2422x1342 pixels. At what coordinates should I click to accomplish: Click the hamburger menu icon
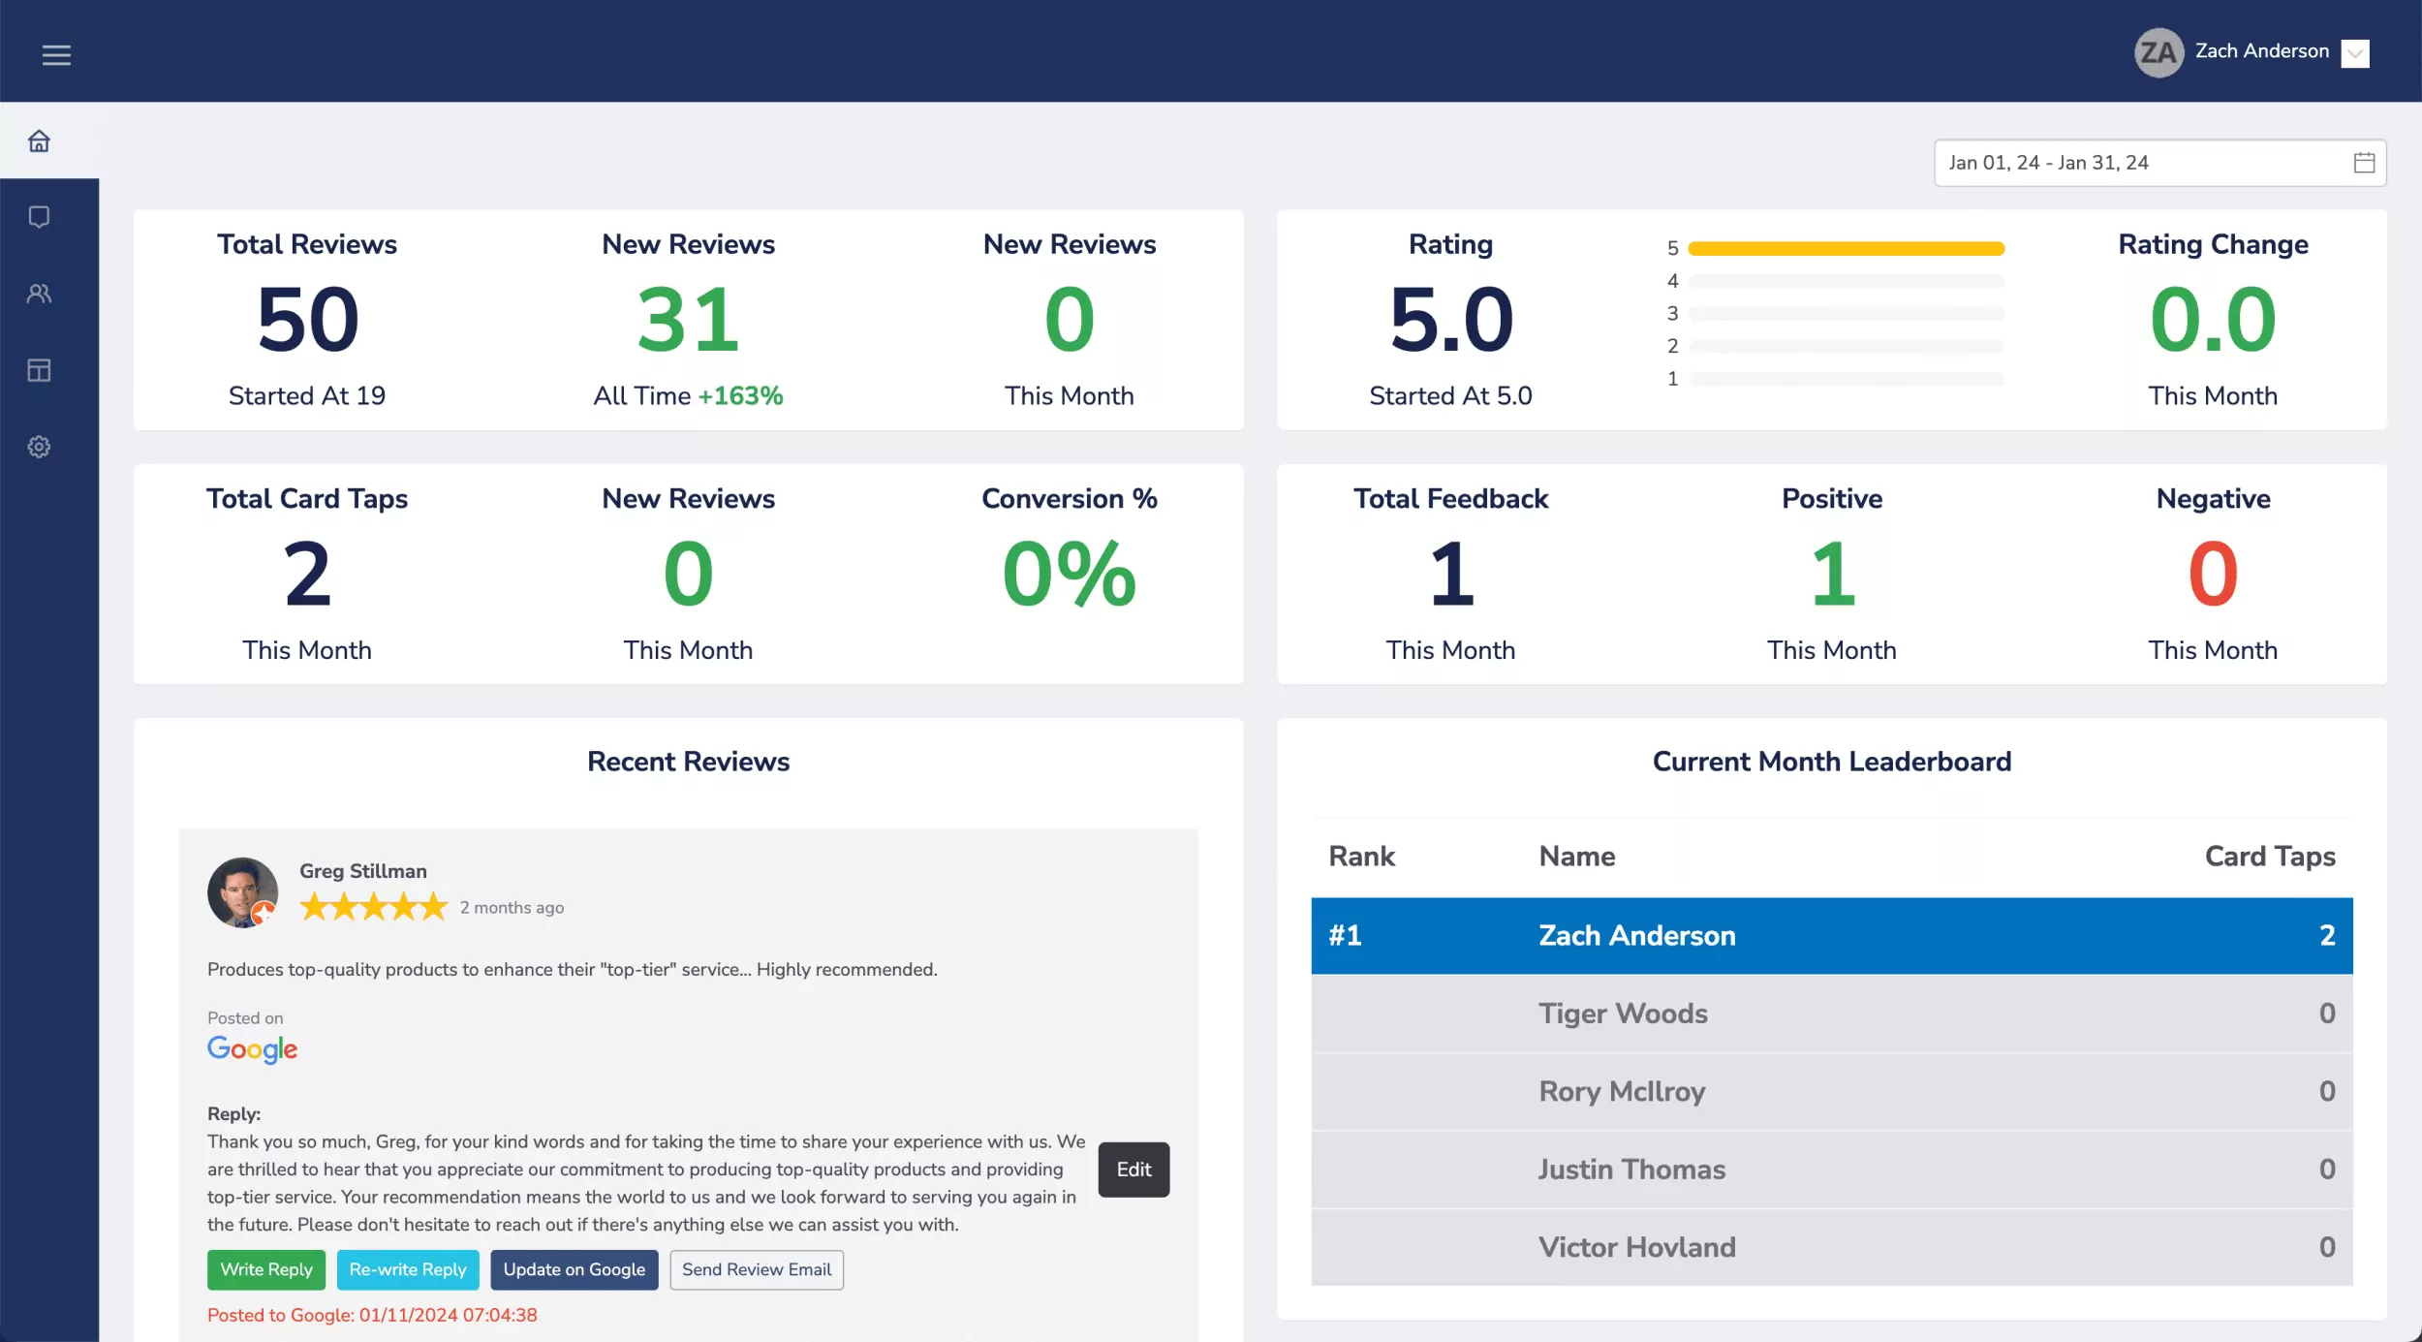[56, 55]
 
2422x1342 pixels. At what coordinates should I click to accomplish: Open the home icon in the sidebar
[39, 141]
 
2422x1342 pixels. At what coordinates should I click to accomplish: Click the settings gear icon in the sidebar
[39, 447]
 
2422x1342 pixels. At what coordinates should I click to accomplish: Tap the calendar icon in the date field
[2364, 163]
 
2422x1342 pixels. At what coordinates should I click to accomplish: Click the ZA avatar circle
[2158, 52]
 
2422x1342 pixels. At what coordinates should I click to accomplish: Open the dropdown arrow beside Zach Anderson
[2355, 53]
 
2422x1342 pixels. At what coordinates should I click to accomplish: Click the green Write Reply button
[265, 1269]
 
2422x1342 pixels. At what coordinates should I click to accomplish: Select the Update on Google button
[574, 1269]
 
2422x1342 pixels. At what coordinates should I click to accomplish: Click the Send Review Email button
[756, 1269]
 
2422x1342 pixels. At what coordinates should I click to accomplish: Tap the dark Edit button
[1133, 1170]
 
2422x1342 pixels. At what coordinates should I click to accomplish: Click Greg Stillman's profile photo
[242, 892]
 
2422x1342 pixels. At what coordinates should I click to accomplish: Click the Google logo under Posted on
[252, 1049]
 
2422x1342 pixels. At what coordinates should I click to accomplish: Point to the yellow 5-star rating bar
[1846, 249]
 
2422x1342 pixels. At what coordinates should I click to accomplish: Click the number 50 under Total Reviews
[307, 319]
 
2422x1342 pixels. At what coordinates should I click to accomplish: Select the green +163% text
[740, 395]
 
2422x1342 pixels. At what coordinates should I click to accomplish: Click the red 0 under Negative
[2213, 574]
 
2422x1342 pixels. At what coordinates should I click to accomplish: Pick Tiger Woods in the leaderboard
[1623, 1014]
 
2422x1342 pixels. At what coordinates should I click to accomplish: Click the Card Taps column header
[2269, 857]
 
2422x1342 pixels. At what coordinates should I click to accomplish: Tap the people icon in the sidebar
[39, 294]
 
